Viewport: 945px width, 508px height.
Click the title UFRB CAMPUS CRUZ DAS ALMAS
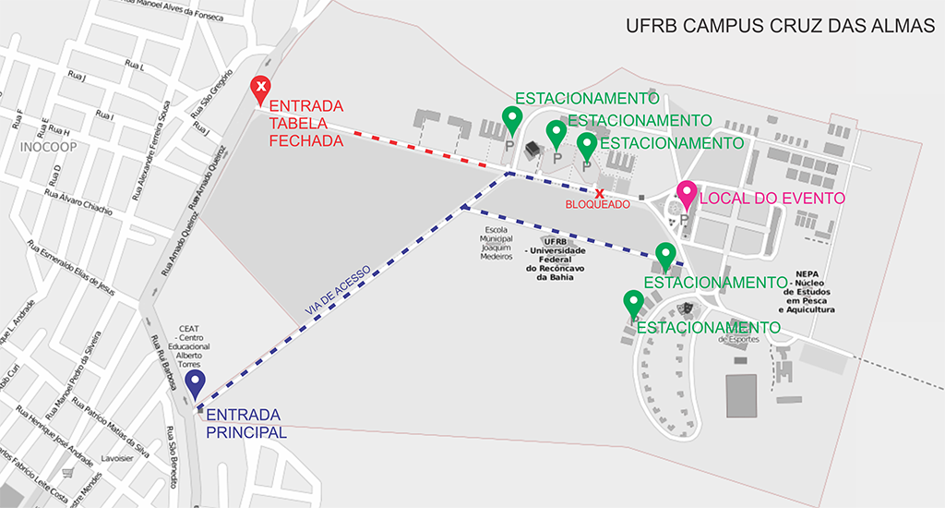(x=780, y=26)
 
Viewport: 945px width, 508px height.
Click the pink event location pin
(x=686, y=194)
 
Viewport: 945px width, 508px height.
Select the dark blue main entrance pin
(x=195, y=382)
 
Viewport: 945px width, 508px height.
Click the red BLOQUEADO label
(x=598, y=203)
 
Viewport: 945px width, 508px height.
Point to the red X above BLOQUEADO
(x=599, y=193)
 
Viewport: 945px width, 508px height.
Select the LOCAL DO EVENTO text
(x=772, y=198)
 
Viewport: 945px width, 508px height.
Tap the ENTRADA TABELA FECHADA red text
(x=305, y=123)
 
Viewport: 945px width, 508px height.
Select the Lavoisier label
(x=118, y=458)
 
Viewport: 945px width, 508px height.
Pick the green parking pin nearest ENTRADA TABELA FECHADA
(x=511, y=119)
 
